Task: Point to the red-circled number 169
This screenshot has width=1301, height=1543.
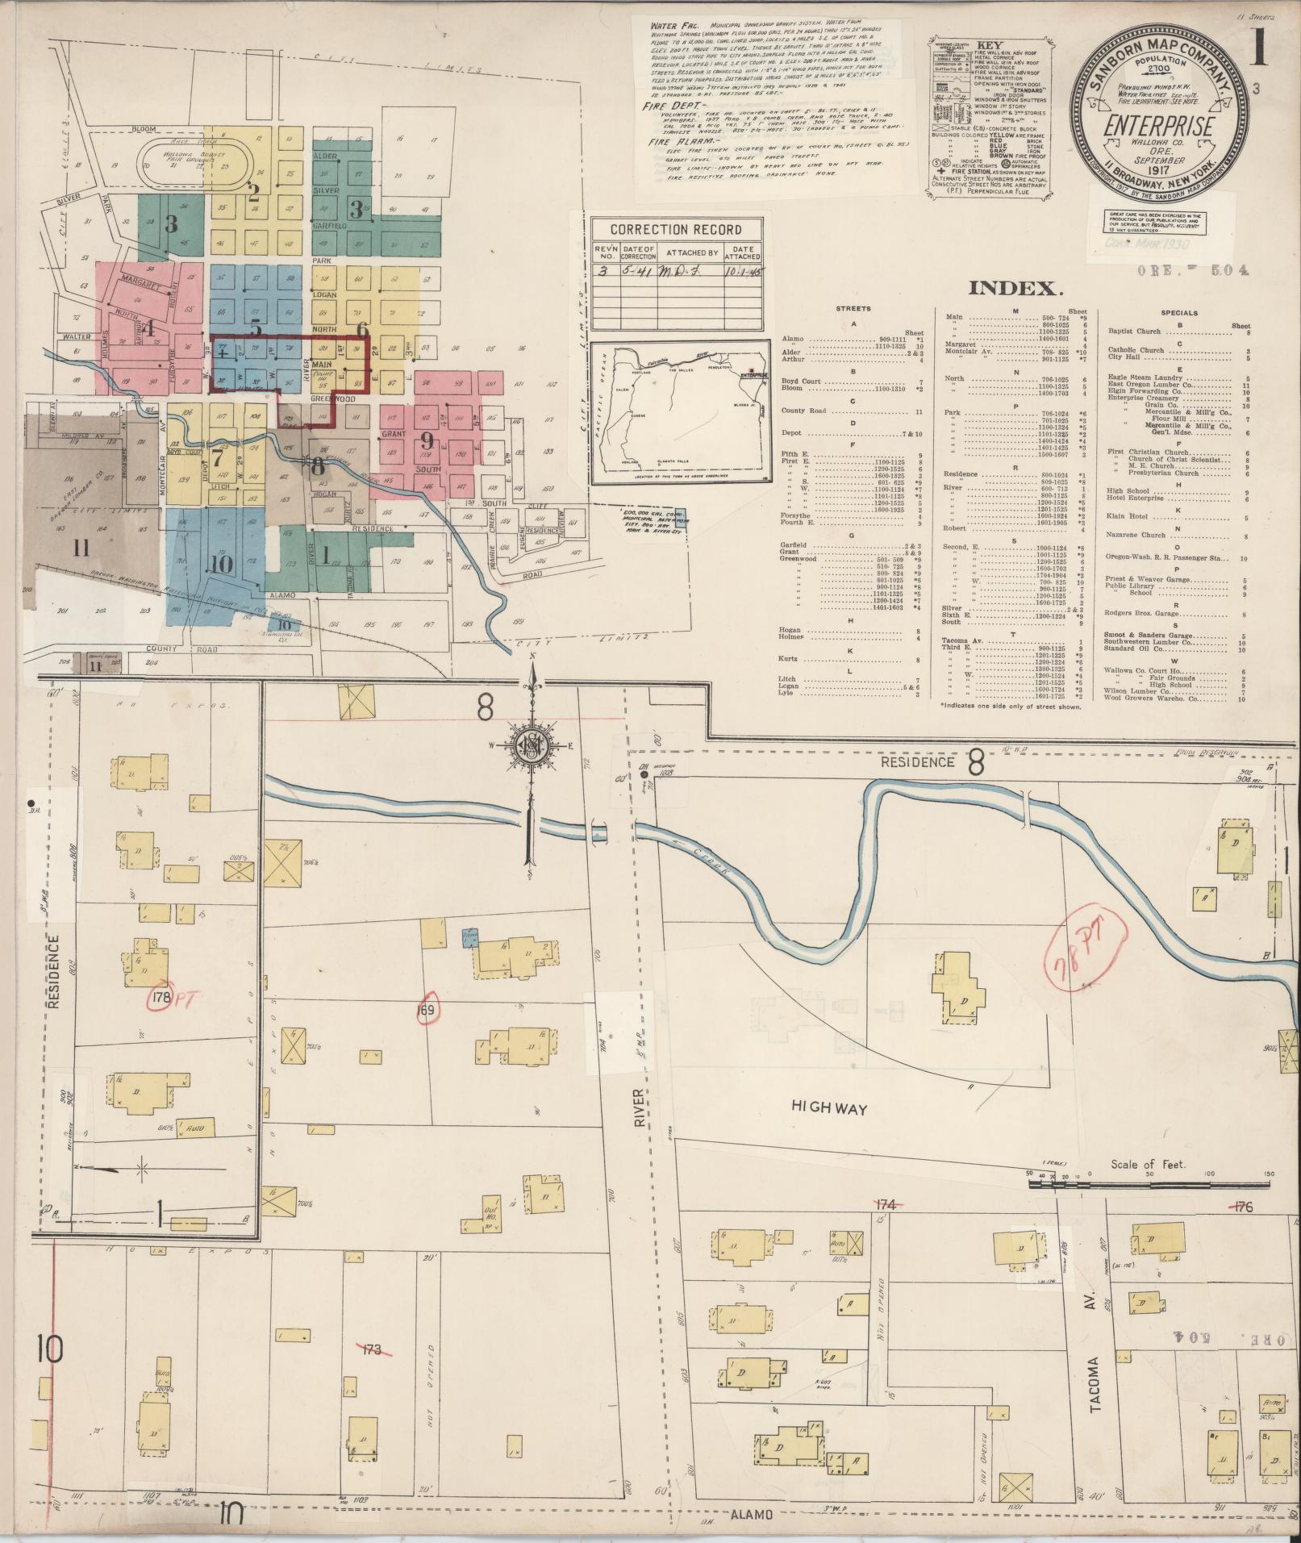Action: pyautogui.click(x=426, y=1011)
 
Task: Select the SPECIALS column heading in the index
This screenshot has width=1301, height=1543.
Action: pyautogui.click(x=1179, y=313)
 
